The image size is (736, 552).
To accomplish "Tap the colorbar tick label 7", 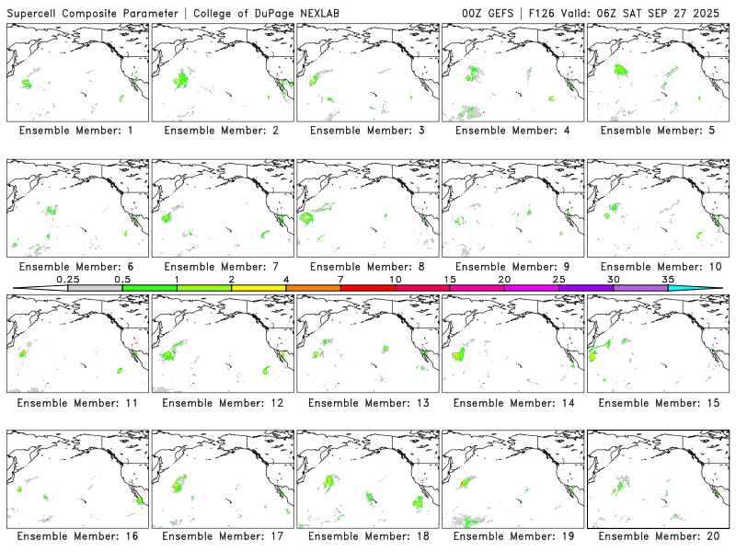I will (x=340, y=279).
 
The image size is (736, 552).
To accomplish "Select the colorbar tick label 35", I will (x=668, y=279).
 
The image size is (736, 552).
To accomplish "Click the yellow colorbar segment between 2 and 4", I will (x=259, y=288).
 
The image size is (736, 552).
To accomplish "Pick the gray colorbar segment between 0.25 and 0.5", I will (x=95, y=288).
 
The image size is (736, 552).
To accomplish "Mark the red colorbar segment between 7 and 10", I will (x=368, y=288).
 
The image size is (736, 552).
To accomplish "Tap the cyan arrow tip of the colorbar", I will (x=708, y=288).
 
